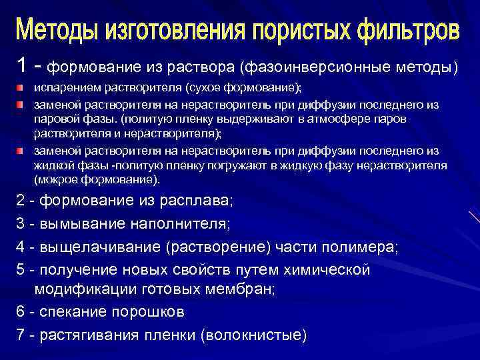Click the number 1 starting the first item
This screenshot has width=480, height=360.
22,66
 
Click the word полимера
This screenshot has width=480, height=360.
364,247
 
